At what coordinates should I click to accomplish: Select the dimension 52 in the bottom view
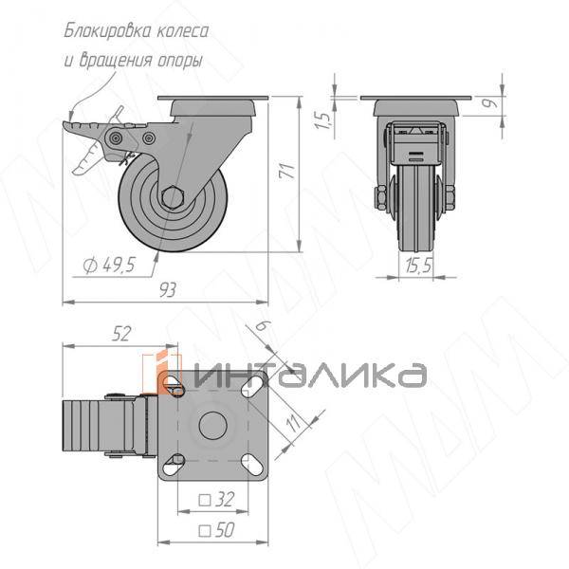coord(120,333)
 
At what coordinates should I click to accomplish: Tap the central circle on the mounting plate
coord(214,426)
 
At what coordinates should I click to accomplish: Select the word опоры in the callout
coord(178,60)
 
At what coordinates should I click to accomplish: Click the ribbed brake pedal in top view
coord(86,426)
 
